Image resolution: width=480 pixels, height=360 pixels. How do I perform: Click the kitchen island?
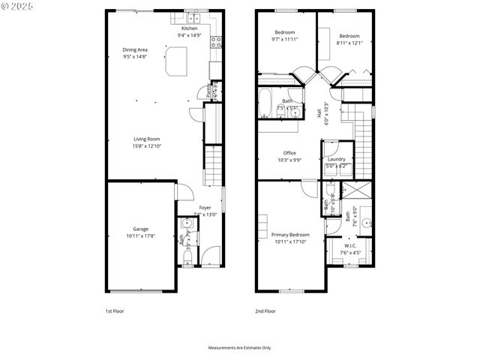tap(177, 61)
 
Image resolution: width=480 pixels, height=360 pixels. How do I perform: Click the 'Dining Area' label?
tap(135, 49)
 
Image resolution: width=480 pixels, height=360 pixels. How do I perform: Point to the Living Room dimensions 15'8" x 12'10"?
tap(147, 145)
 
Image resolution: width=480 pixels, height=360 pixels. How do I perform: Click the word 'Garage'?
tap(141, 229)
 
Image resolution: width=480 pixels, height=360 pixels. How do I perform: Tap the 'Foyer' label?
tap(205, 207)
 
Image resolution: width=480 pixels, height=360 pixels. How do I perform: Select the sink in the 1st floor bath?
tap(185, 224)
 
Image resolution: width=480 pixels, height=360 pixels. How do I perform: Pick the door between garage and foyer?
tap(177, 192)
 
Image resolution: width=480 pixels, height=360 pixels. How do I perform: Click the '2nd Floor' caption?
tap(265, 310)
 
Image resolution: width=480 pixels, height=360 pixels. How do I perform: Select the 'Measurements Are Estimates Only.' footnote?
tap(239, 348)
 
